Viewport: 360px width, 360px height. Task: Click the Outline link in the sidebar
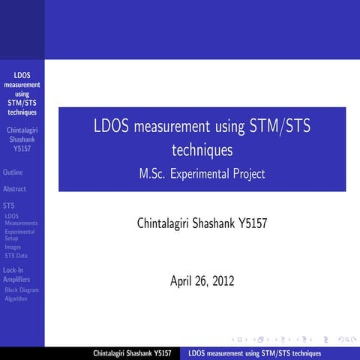coord(13,172)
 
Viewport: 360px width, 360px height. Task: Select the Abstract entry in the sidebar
coord(15,189)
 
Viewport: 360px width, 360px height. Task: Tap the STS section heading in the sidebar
coord(8,205)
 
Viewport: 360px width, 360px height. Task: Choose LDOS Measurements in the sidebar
coord(20,220)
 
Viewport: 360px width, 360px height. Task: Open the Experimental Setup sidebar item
coord(19,235)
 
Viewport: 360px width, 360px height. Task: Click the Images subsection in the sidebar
coord(13,247)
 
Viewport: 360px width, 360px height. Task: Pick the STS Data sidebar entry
coord(16,256)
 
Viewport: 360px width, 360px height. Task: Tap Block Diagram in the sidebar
coord(22,289)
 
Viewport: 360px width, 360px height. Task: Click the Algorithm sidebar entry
coord(16,298)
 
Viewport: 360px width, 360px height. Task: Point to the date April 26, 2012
coord(202,282)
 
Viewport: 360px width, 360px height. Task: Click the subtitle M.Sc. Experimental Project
coord(202,174)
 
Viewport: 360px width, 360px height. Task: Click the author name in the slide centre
coord(202,223)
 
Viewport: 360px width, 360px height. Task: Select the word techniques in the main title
coord(202,150)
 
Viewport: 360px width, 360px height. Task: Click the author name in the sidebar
coord(22,139)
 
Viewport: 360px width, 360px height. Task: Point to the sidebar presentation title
coord(22,94)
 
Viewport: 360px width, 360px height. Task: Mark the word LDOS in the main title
coord(110,127)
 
